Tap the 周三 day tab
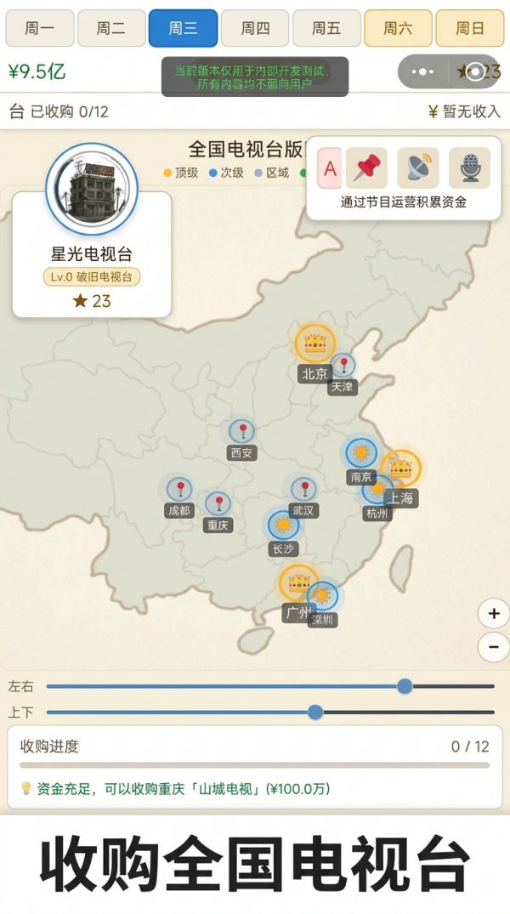(183, 28)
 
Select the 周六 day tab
(398, 28)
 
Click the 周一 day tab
(39, 28)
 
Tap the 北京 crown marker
(315, 343)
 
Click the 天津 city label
(342, 387)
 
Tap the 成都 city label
(179, 510)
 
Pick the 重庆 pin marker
(218, 503)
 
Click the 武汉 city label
(303, 510)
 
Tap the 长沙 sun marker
(283, 525)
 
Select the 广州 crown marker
(298, 583)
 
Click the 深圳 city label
(321, 620)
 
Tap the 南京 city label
(361, 477)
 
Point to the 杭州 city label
(376, 513)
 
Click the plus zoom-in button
(494, 613)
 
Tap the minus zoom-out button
(494, 647)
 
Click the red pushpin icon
(367, 167)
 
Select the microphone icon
(469, 167)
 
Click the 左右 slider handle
(405, 686)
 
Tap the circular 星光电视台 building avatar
(92, 189)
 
